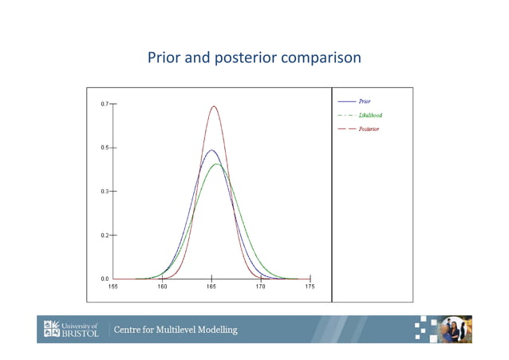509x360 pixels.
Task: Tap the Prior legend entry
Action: [365, 101]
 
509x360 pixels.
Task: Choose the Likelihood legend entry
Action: [370, 115]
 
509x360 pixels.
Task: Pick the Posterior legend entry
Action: [369, 129]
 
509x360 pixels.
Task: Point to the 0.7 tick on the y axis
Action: [105, 105]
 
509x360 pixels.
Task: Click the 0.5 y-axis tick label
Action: [105, 148]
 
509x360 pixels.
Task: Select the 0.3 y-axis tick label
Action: [105, 192]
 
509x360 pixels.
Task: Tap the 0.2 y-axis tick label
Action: [105, 235]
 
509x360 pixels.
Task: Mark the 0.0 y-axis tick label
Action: [105, 279]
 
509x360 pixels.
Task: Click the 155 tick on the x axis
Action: [113, 287]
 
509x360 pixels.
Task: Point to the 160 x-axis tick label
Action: [162, 287]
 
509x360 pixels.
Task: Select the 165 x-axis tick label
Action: [211, 287]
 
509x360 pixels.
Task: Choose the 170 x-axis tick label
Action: [261, 287]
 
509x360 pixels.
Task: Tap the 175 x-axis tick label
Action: [310, 287]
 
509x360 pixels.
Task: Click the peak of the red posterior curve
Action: [213, 106]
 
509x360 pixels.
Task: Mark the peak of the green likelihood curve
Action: [216, 164]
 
